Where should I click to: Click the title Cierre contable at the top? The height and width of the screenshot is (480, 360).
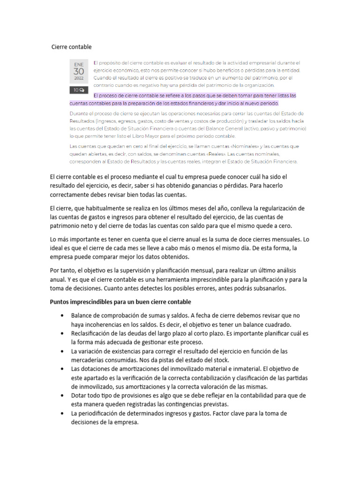click(71, 47)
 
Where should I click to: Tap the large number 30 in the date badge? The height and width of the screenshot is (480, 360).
click(78, 71)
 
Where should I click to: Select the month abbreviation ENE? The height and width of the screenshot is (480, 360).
click(78, 64)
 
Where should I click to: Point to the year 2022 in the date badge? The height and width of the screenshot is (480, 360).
click(78, 78)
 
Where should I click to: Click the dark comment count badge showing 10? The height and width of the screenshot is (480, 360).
click(78, 90)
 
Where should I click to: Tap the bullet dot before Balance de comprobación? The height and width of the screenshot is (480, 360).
click(62, 315)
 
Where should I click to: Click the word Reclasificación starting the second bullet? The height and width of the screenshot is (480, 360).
click(93, 333)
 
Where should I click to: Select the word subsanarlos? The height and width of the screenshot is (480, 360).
click(275, 288)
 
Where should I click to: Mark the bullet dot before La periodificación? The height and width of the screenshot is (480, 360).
click(62, 414)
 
